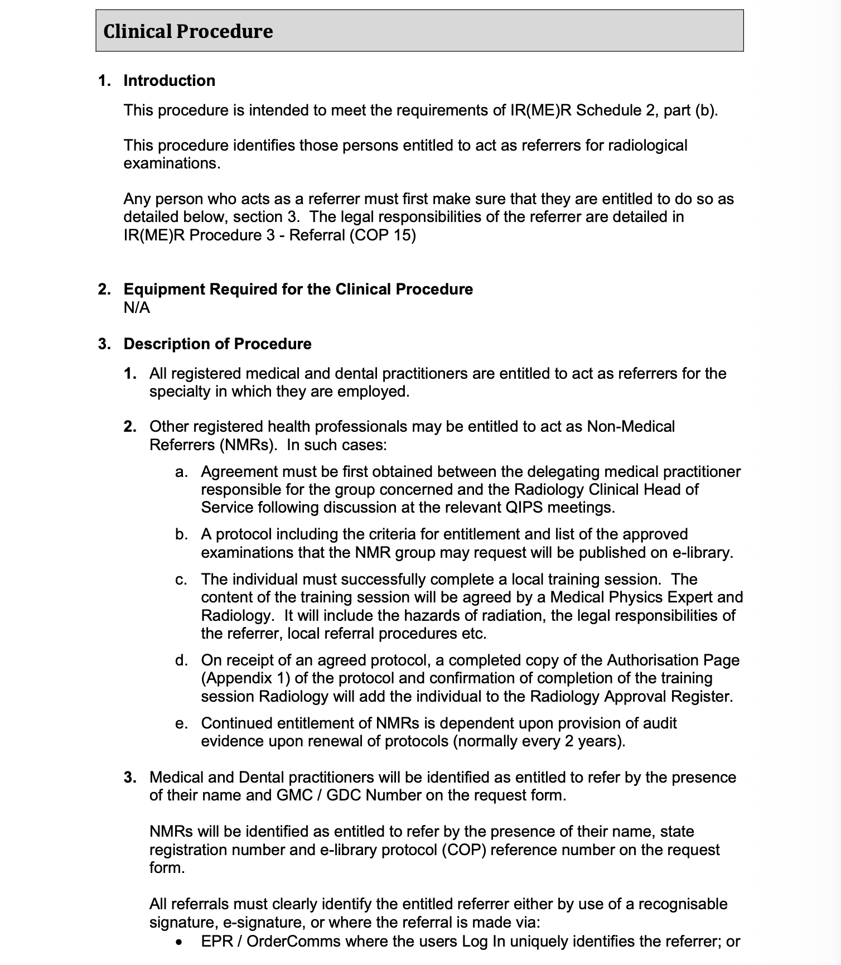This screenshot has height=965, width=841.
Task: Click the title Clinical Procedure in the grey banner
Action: pyautogui.click(x=188, y=31)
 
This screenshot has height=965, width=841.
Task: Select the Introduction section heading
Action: pyautogui.click(x=169, y=81)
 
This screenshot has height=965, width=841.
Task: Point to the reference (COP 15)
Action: pyautogui.click(x=383, y=235)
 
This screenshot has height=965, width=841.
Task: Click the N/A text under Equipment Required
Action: pyautogui.click(x=137, y=308)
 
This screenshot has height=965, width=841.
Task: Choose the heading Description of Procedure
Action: pyautogui.click(x=217, y=344)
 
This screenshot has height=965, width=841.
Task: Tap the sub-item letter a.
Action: pyautogui.click(x=181, y=472)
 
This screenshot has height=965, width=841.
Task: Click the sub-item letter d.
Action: pyautogui.click(x=181, y=660)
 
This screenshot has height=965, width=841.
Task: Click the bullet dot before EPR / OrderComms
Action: pyautogui.click(x=178, y=942)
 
